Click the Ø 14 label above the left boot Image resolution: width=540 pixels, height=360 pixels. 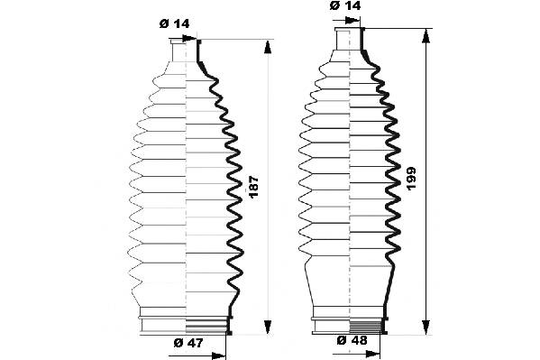[174, 23]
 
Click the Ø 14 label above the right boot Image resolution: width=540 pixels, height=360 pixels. [345, 5]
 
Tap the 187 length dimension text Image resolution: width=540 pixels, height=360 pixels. [253, 187]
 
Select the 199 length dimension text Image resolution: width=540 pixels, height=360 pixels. [411, 178]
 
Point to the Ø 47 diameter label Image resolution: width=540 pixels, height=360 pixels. [188, 343]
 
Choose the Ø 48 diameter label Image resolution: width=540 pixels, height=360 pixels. [352, 340]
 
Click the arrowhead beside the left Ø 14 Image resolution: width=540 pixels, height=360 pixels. [189, 38]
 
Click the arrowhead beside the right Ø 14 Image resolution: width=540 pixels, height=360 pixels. [352, 20]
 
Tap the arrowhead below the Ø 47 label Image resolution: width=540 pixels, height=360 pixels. [219, 355]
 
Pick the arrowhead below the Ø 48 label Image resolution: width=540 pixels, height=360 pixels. [373, 354]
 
